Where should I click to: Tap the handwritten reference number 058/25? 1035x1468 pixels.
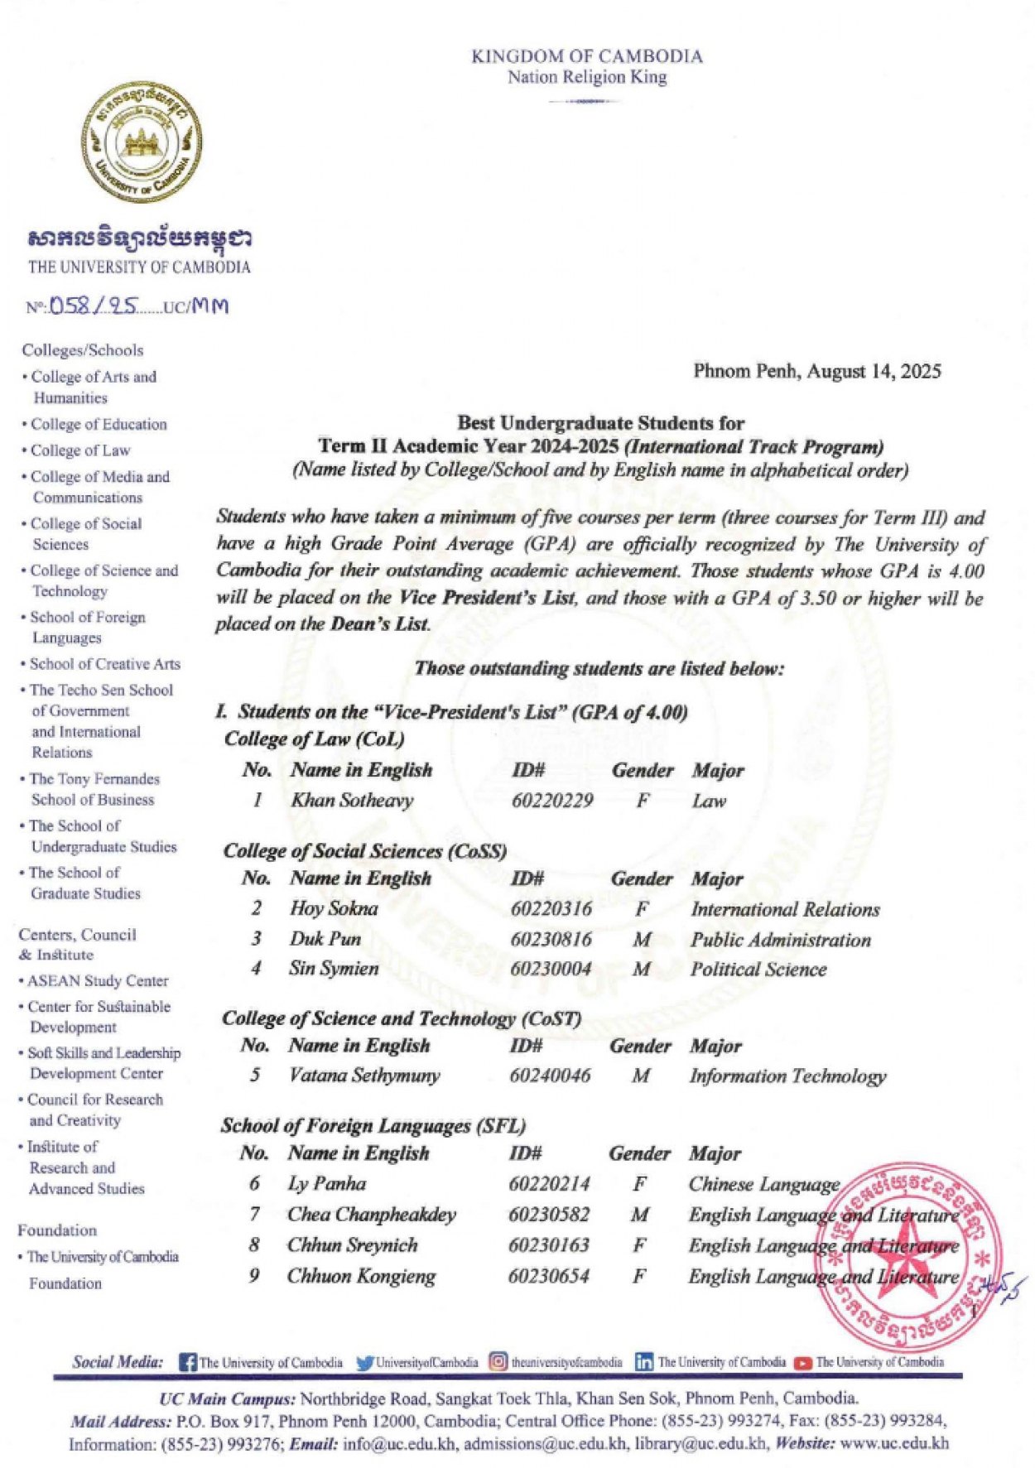click(x=93, y=306)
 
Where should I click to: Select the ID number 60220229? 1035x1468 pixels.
click(x=552, y=801)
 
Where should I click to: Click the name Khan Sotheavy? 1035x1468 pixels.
click(x=351, y=801)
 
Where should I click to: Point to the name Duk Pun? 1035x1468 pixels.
click(x=325, y=939)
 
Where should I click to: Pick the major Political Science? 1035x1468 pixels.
click(x=758, y=970)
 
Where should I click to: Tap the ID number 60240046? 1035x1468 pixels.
click(x=550, y=1076)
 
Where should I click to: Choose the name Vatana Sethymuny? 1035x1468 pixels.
click(x=364, y=1076)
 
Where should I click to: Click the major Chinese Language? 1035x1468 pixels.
click(x=763, y=1184)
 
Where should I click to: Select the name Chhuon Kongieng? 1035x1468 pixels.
click(x=361, y=1276)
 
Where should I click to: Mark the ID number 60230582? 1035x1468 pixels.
click(x=549, y=1215)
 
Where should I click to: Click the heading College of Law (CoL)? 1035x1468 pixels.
click(x=314, y=739)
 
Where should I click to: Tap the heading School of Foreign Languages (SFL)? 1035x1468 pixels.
click(x=373, y=1125)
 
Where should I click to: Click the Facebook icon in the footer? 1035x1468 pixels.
click(x=188, y=1362)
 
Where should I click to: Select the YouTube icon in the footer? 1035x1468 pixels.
click(x=802, y=1363)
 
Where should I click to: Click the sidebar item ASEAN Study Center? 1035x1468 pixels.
click(x=98, y=980)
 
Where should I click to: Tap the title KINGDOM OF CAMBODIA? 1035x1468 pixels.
click(x=586, y=56)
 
